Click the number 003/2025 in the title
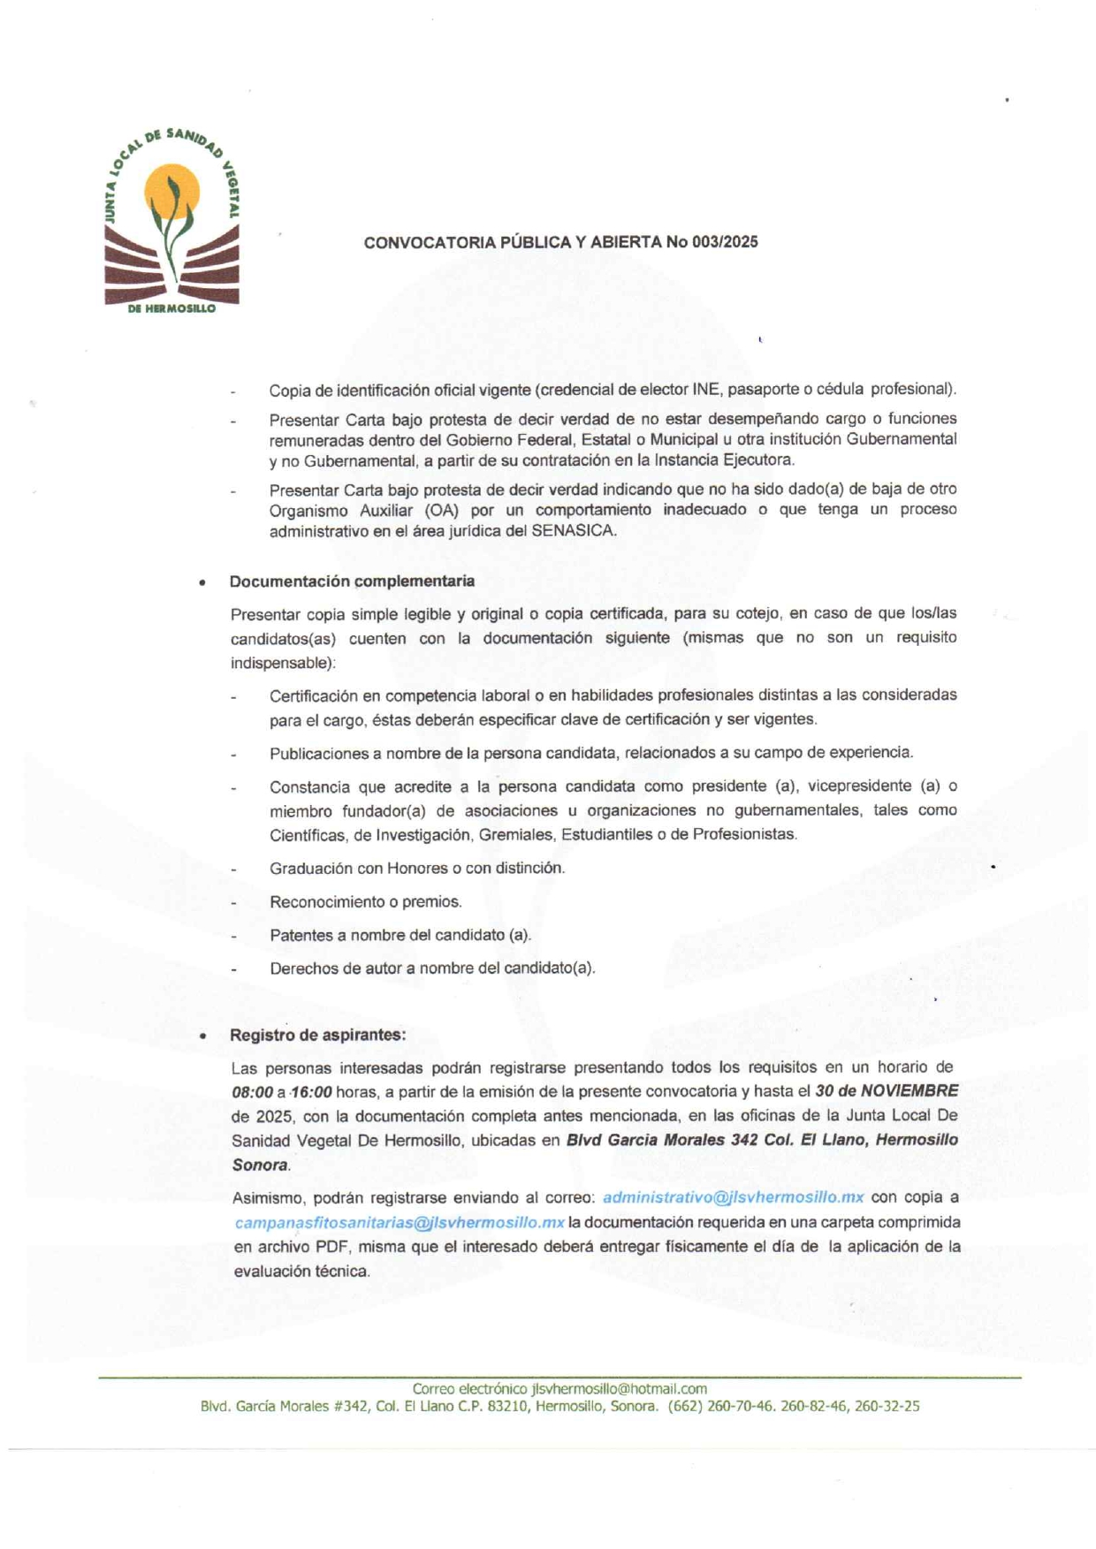point(726,242)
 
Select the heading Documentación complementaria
point(352,581)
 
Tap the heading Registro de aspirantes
point(317,1035)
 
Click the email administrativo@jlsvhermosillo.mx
point(733,1197)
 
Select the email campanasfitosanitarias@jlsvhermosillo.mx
point(400,1222)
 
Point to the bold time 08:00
point(252,1092)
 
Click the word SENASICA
point(573,531)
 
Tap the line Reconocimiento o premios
point(366,902)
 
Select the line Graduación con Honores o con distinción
point(417,869)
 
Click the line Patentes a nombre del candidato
point(400,935)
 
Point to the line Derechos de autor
point(432,968)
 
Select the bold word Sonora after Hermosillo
point(260,1166)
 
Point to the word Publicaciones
point(316,753)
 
